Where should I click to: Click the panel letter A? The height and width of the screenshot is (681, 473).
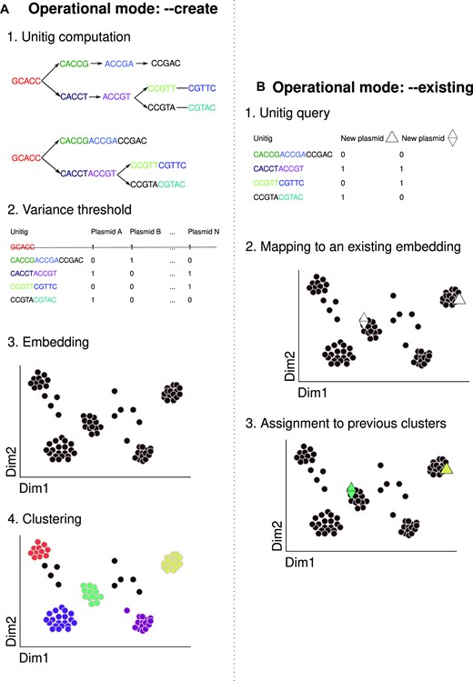pyautogui.click(x=8, y=12)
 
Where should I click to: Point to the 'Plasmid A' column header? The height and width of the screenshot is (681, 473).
pyautogui.click(x=102, y=232)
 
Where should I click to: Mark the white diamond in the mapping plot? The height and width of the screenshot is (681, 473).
pyautogui.click(x=363, y=320)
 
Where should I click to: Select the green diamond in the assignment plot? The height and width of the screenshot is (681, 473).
pyautogui.click(x=351, y=491)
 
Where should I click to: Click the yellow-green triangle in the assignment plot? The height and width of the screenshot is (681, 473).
pyautogui.click(x=447, y=468)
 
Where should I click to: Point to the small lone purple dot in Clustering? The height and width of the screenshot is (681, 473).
pyautogui.click(x=128, y=610)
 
